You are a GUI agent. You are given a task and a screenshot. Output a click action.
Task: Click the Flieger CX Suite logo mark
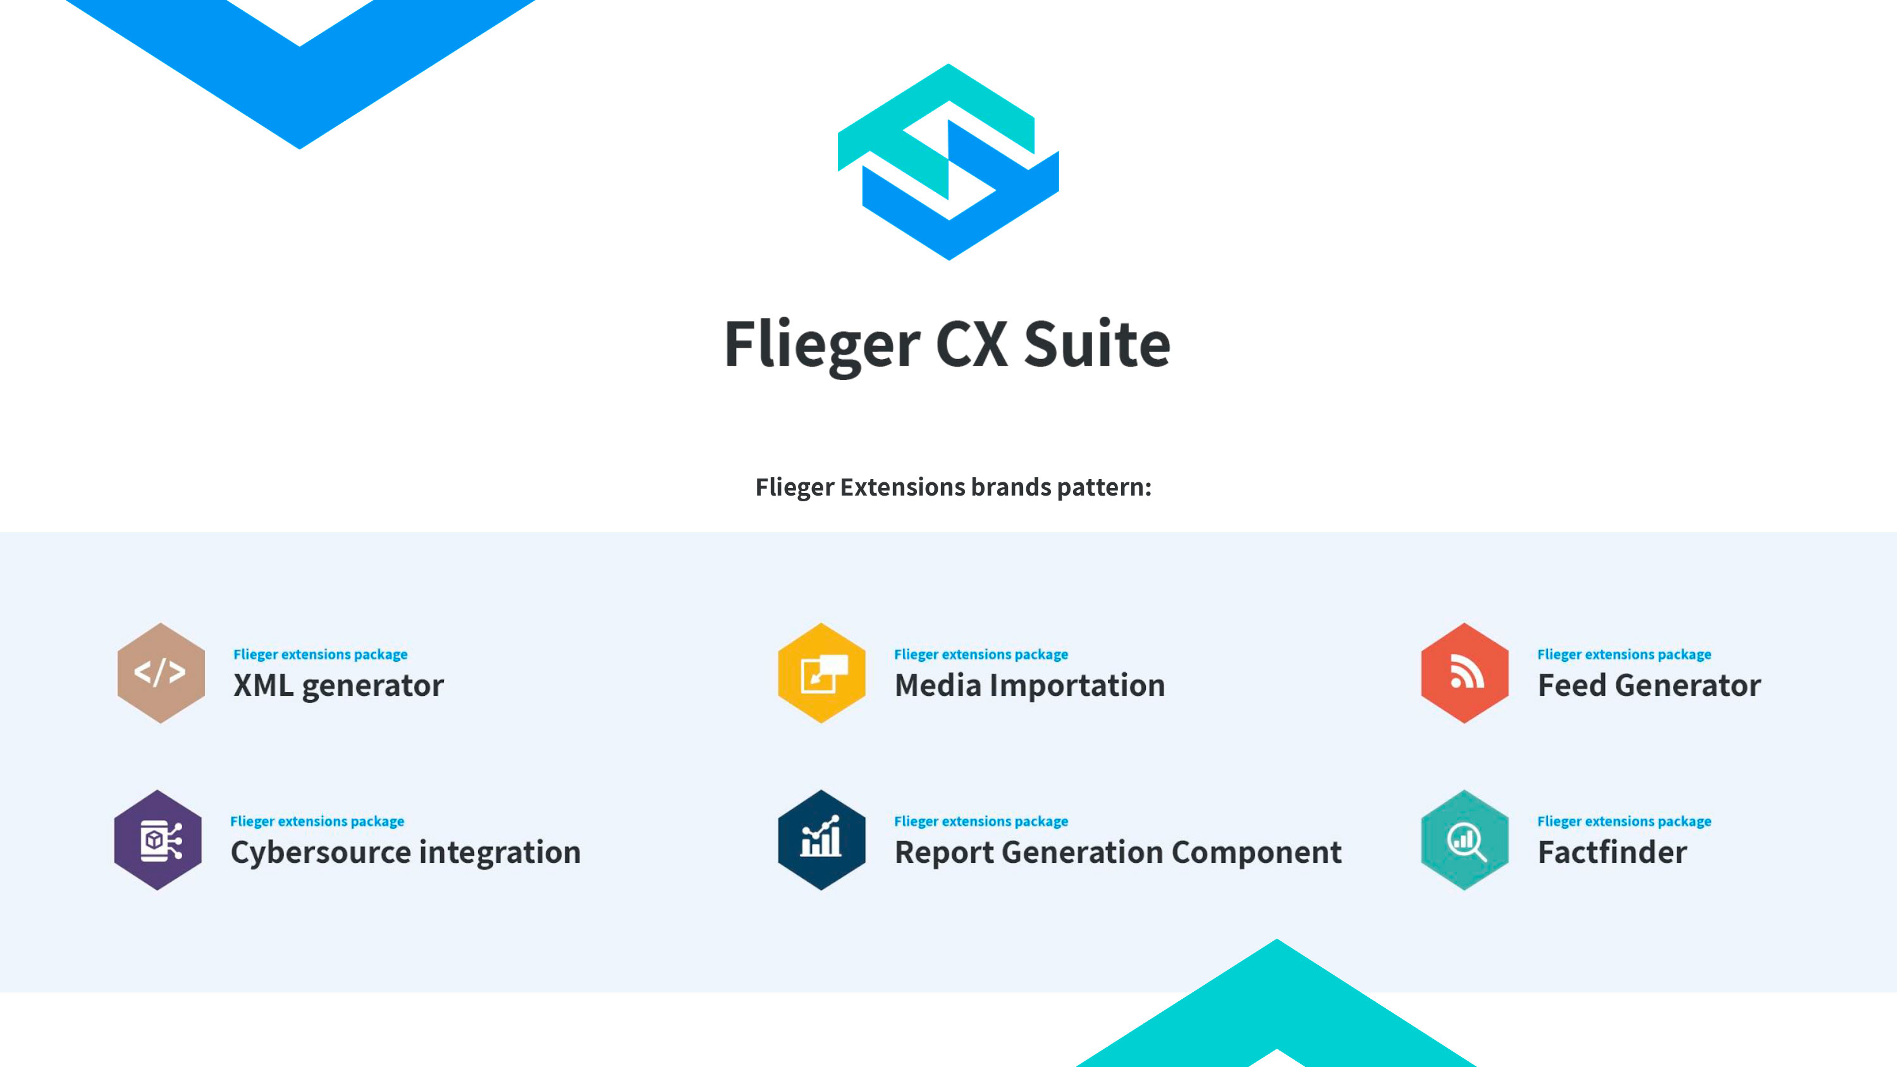(x=948, y=162)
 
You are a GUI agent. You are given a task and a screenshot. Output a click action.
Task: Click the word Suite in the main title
(x=1096, y=344)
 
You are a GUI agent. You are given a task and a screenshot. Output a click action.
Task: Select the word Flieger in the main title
(x=822, y=346)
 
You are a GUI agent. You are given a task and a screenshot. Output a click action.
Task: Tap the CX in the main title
(x=971, y=344)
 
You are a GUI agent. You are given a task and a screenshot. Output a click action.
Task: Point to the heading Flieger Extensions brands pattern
(x=953, y=487)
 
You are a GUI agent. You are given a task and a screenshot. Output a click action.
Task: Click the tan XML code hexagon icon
(x=161, y=673)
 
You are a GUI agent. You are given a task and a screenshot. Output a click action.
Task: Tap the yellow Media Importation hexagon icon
(x=822, y=673)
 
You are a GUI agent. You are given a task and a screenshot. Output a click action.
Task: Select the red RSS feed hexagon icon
(x=1464, y=673)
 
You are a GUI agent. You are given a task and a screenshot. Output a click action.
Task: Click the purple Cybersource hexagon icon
(x=157, y=840)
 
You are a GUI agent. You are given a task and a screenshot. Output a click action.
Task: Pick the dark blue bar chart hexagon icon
(x=822, y=840)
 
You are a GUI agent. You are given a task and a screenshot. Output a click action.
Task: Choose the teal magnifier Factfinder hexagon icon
(x=1464, y=840)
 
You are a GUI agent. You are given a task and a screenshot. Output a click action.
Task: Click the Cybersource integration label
(x=406, y=853)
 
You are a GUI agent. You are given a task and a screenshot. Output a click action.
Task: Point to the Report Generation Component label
(x=1118, y=853)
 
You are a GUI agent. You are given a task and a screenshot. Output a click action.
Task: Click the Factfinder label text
(x=1612, y=852)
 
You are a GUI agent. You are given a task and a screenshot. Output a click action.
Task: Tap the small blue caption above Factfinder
(x=1624, y=821)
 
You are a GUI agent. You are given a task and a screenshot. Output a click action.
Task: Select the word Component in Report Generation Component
(x=1256, y=853)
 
